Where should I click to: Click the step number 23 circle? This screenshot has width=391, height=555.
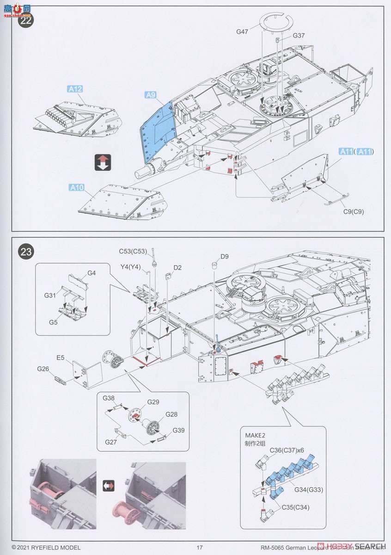[26, 252]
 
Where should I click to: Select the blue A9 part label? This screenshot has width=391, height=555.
[151, 95]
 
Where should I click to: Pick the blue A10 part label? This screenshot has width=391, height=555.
[77, 187]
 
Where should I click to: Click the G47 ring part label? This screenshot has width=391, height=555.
[243, 31]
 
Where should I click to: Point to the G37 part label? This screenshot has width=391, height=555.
[299, 36]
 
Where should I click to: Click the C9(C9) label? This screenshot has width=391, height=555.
[354, 212]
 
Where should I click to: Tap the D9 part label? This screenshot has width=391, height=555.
[225, 256]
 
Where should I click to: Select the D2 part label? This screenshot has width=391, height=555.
[178, 267]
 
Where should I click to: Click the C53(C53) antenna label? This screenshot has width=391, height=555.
[133, 252]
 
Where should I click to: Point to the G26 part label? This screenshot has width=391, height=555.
[43, 369]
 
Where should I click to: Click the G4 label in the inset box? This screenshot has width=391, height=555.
[92, 273]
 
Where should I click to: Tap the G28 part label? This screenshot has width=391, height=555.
[171, 414]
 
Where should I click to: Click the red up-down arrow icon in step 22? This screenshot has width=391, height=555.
[102, 162]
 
